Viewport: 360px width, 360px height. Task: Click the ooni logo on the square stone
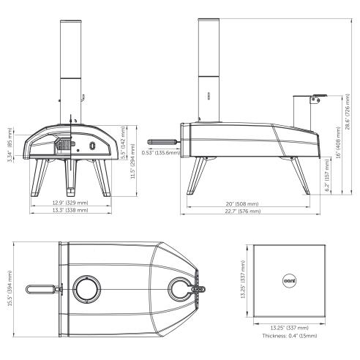tap(288, 278)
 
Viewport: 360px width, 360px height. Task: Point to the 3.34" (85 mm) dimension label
tap(9, 146)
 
